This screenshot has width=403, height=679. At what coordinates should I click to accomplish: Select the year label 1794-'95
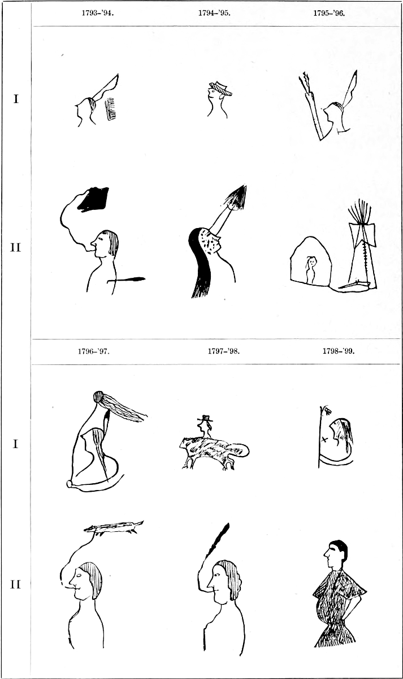coord(214,13)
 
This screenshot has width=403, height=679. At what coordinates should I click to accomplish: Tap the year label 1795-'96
coord(329,13)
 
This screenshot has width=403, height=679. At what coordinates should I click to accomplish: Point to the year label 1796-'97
coord(94,351)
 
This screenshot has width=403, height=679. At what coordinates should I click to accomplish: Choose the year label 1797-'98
coord(223,351)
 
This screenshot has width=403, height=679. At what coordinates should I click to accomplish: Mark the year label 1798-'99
coord(338,351)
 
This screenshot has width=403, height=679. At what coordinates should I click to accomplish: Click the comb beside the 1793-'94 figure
coord(111,109)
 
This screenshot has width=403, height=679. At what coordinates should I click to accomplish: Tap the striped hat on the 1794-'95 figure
coord(220,88)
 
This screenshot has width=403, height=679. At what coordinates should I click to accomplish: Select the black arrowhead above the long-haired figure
coord(238,197)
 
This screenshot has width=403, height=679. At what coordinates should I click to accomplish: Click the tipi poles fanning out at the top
coord(360,211)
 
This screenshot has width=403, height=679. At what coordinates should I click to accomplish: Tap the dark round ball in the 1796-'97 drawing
coord(99,397)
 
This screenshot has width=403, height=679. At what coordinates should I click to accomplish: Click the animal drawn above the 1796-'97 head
coord(114,527)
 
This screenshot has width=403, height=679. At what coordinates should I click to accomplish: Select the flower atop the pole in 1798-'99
coord(327,410)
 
